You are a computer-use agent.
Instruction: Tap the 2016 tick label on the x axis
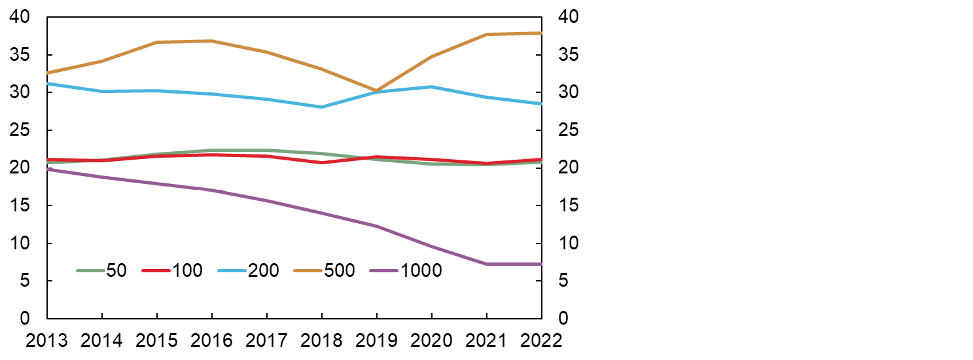click(x=211, y=340)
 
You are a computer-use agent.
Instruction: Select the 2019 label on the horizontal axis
click(x=376, y=340)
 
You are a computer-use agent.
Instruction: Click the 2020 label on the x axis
click(x=431, y=340)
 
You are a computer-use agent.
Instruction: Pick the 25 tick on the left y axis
click(x=22, y=130)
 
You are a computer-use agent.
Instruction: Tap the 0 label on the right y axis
click(x=562, y=319)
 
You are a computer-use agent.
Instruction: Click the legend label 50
click(x=116, y=270)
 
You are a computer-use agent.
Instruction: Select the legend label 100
click(x=188, y=270)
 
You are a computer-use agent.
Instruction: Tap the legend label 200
click(x=264, y=270)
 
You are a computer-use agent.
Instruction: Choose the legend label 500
click(x=340, y=270)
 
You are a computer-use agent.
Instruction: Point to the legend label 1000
click(x=421, y=270)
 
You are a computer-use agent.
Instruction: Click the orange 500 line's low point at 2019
click(x=376, y=91)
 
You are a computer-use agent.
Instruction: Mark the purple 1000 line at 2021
click(x=486, y=264)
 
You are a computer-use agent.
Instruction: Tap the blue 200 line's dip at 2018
click(x=321, y=107)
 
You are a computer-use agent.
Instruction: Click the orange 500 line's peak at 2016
click(x=211, y=41)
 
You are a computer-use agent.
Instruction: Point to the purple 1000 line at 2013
click(x=48, y=169)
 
